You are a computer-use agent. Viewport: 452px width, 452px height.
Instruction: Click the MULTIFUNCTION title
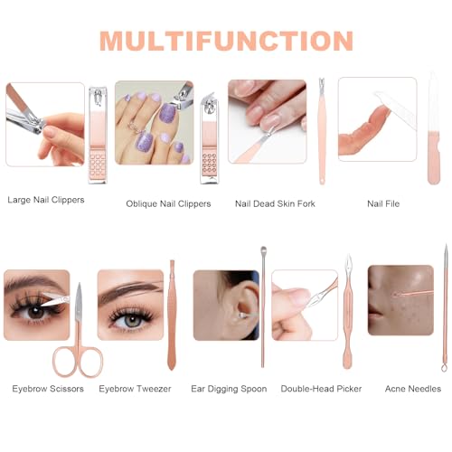[226, 41]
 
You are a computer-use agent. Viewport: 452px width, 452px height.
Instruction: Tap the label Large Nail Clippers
[46, 200]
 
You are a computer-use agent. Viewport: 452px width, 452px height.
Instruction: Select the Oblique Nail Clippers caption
[168, 204]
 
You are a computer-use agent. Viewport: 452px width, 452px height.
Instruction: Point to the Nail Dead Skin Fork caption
[275, 203]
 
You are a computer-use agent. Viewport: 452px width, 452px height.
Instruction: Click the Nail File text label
[383, 203]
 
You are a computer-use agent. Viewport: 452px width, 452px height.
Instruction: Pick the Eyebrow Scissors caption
[48, 389]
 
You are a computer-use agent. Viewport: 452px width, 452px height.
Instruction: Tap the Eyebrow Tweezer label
[135, 389]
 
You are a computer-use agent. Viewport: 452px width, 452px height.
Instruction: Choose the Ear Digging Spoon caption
[229, 389]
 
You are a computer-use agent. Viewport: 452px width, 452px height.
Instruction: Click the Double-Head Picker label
[321, 389]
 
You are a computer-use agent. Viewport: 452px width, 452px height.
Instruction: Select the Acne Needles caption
[413, 389]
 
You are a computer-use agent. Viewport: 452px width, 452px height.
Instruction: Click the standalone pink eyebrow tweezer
[172, 315]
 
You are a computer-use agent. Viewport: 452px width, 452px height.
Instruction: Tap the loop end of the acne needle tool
[444, 367]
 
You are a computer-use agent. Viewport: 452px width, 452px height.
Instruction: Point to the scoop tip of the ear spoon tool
[263, 250]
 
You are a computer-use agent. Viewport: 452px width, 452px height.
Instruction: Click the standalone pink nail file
[434, 128]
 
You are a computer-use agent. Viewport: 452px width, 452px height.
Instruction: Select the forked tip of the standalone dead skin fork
[322, 82]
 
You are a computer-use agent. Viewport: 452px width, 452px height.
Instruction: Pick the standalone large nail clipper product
[98, 135]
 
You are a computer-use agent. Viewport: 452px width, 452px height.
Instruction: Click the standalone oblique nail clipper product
[210, 138]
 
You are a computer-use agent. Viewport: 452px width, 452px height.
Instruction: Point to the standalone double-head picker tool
[347, 311]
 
